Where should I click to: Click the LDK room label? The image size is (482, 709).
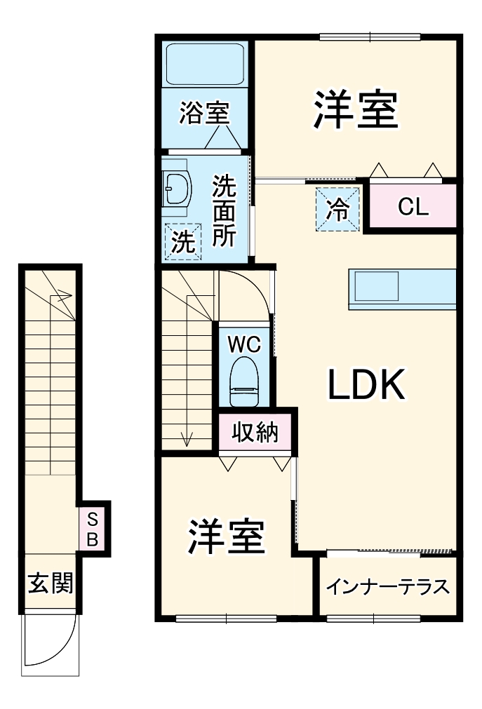click(x=366, y=384)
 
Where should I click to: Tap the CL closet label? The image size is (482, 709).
click(x=413, y=208)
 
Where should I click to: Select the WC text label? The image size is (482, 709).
click(x=244, y=344)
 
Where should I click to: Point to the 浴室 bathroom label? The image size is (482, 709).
click(x=203, y=114)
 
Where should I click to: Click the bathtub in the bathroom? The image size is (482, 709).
click(x=204, y=64)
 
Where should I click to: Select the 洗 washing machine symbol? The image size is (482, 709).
click(x=182, y=242)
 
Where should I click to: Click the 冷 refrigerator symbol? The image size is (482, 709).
click(x=338, y=209)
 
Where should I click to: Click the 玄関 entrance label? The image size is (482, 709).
click(x=50, y=583)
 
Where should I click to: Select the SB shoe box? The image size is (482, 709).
click(x=93, y=529)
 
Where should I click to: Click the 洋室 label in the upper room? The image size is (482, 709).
click(x=355, y=110)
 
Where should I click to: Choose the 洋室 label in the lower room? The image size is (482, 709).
click(x=226, y=537)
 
